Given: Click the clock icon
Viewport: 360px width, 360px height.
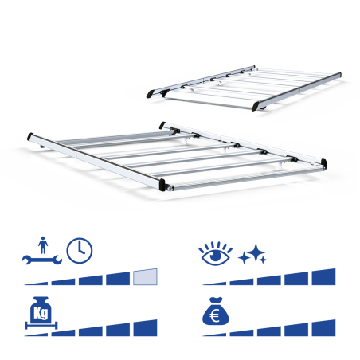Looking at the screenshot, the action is click(x=80, y=251).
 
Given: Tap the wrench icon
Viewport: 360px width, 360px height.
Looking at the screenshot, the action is click(x=42, y=260).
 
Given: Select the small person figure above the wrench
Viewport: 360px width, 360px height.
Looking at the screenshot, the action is click(x=43, y=245).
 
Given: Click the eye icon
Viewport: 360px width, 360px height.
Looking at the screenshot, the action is click(x=215, y=254).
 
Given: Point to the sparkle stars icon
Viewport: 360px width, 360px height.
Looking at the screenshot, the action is click(x=252, y=254).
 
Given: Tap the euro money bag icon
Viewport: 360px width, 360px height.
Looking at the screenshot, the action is click(x=215, y=311).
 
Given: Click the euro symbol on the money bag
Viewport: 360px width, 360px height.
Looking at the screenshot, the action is click(x=214, y=316).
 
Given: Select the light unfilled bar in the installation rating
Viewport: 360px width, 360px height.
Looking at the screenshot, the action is click(x=145, y=277).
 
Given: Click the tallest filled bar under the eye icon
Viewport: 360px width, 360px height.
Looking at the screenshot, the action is click(x=323, y=277).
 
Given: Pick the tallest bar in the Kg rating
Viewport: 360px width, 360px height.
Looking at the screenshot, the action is click(x=145, y=328).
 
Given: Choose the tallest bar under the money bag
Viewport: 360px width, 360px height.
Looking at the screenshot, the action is click(x=323, y=328).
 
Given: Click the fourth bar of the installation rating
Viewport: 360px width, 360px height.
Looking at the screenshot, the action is click(x=118, y=279).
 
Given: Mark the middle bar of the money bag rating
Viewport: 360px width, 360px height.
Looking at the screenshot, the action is click(x=269, y=332).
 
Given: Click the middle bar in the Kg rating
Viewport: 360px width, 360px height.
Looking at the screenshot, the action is click(x=91, y=332).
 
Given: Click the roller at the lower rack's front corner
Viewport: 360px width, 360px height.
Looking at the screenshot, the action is click(x=169, y=188).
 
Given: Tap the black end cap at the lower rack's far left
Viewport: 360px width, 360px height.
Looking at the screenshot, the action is click(x=30, y=136).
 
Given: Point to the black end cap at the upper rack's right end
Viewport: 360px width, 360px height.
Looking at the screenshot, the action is click(x=339, y=74).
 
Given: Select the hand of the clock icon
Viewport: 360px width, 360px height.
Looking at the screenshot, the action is click(x=80, y=248).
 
